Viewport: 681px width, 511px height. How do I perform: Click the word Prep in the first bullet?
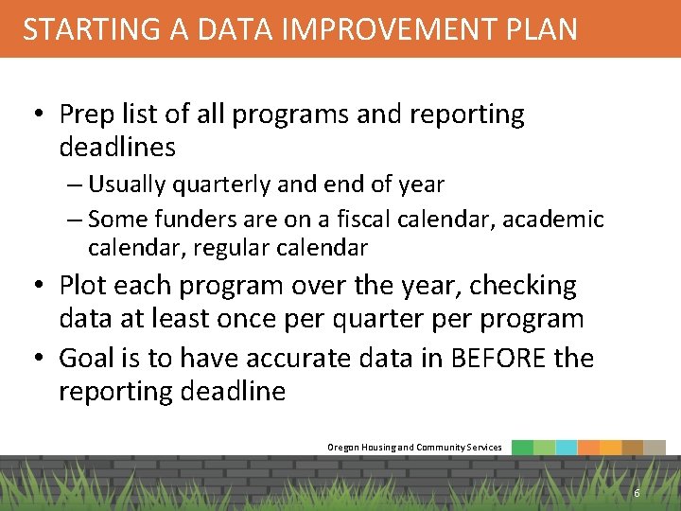86,115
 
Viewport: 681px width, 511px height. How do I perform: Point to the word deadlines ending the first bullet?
117,148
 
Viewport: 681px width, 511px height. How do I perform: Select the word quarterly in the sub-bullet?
208,185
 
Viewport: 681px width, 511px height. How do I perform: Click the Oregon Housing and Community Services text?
414,447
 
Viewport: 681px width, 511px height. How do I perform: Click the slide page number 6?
637,493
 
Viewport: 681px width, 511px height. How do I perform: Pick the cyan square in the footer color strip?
566,448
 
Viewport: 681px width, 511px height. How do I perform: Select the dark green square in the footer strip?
522,448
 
